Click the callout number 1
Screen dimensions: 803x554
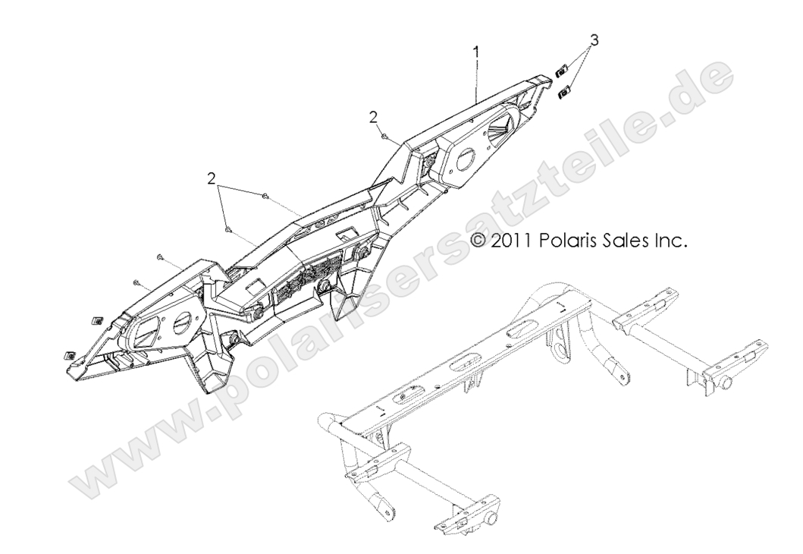(475, 52)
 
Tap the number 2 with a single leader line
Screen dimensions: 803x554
(373, 116)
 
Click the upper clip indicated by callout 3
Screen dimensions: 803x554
(561, 71)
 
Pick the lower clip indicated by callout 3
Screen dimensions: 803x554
(564, 93)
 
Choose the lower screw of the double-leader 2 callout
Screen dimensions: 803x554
(228, 228)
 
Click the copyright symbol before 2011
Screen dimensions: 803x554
(478, 241)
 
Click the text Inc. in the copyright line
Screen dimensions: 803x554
(671, 241)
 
